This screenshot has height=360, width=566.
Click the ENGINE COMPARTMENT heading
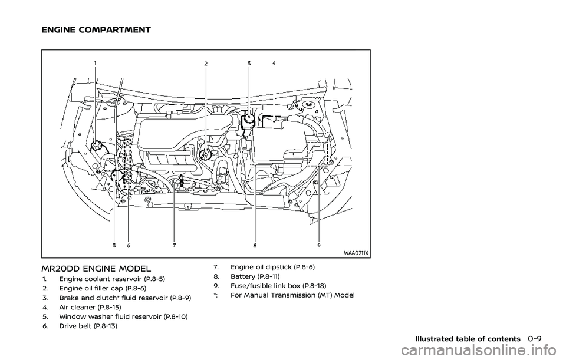(96, 30)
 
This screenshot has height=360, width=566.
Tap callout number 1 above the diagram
(96, 63)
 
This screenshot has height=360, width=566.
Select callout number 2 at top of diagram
(206, 64)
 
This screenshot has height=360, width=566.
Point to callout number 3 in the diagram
(249, 63)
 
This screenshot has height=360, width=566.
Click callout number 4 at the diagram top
(274, 63)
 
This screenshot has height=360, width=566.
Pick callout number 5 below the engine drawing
(114, 245)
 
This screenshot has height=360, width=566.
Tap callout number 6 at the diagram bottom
(128, 245)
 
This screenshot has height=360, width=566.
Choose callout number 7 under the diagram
(174, 245)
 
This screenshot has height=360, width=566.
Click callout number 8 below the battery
(255, 246)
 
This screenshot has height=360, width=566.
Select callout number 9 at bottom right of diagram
(319, 245)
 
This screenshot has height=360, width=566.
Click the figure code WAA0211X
(356, 253)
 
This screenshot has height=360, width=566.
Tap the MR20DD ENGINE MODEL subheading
(96, 269)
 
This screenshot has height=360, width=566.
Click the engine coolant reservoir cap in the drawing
(96, 146)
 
